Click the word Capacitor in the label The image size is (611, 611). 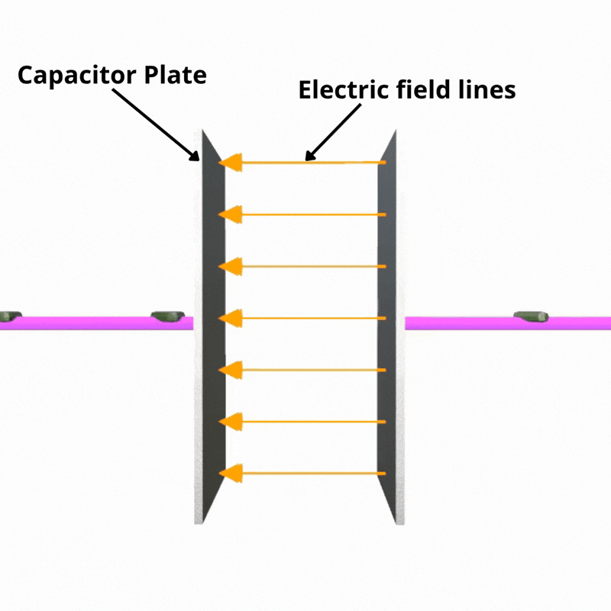coord(77,75)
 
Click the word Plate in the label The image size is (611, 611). coord(176,74)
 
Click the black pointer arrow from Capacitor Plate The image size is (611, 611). coord(156,124)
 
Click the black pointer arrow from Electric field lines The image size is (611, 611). coord(333,132)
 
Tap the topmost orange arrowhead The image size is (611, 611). coord(231,163)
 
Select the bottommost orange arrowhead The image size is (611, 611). coord(231,474)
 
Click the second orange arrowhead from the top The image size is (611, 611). coord(231,215)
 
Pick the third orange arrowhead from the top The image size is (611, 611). coord(231,267)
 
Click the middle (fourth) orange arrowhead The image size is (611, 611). coord(231,318)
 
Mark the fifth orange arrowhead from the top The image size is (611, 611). coord(231,370)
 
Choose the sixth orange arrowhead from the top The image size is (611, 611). coord(231,422)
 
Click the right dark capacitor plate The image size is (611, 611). coord(387,328)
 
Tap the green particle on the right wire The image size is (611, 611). coord(531,316)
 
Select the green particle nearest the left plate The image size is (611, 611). coord(167,316)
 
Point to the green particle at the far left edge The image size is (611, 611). coord(10,316)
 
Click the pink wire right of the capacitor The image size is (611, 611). coord(508,323)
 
